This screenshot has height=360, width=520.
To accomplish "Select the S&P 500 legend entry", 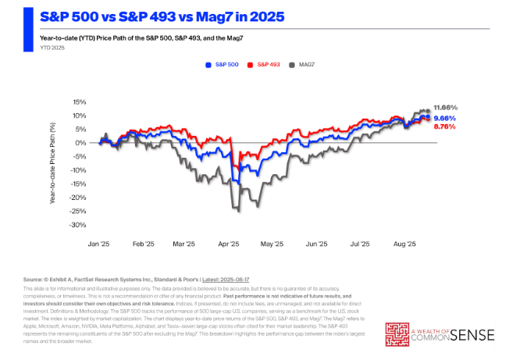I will click(x=221, y=65).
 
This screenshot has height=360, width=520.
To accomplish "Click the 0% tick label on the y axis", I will click(x=79, y=143).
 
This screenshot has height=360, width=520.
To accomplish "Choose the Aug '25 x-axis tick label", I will click(x=404, y=244).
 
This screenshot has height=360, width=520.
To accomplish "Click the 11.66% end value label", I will click(x=445, y=106).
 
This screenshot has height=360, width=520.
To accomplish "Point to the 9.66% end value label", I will click(x=445, y=117).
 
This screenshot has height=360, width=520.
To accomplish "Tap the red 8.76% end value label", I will click(x=445, y=127).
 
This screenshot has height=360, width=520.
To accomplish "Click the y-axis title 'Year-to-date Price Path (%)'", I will click(x=53, y=163).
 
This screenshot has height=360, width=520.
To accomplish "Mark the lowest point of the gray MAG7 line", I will click(x=237, y=211).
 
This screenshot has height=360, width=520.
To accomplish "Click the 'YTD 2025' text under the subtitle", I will click(x=30, y=47).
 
